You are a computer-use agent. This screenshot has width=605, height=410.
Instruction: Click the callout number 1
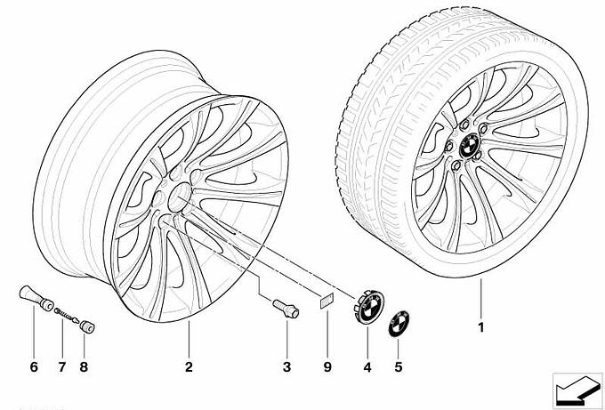click(480, 326)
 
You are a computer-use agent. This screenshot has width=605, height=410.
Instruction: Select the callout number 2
click(190, 366)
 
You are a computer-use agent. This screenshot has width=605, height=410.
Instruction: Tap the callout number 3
click(286, 366)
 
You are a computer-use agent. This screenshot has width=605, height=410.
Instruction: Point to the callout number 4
click(366, 366)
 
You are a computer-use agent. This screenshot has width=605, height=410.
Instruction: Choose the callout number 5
click(397, 366)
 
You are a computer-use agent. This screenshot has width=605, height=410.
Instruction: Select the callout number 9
click(327, 366)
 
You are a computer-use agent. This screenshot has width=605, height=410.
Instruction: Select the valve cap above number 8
click(88, 327)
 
